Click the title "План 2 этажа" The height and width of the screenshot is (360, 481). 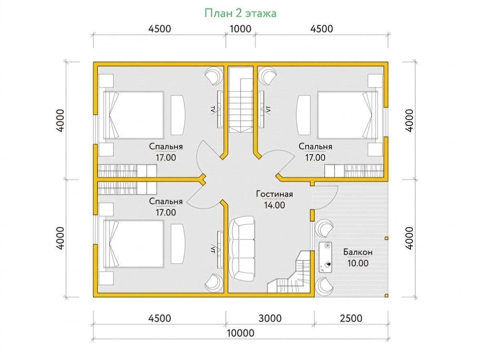point(240,14)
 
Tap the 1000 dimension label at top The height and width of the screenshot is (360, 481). point(240,29)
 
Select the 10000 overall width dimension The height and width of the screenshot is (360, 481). point(240,333)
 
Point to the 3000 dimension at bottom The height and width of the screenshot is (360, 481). point(270,318)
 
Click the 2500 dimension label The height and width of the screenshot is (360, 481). point(351,318)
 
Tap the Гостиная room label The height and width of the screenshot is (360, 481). point(274,194)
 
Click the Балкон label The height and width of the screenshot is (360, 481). point(358,252)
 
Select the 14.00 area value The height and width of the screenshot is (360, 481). point(274,205)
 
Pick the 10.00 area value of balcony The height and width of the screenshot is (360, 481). point(358,263)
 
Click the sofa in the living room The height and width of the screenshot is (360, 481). point(241,249)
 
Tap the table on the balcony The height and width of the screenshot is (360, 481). point(325,257)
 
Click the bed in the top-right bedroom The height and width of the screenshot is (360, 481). point(348,115)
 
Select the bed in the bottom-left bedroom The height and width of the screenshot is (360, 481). point(133,244)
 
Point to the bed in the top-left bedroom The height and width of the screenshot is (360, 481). point(133,115)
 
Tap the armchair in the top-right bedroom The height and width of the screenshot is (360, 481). point(267,76)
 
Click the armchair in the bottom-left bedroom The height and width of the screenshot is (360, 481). point(214,283)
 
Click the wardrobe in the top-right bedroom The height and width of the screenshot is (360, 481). point(354,171)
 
